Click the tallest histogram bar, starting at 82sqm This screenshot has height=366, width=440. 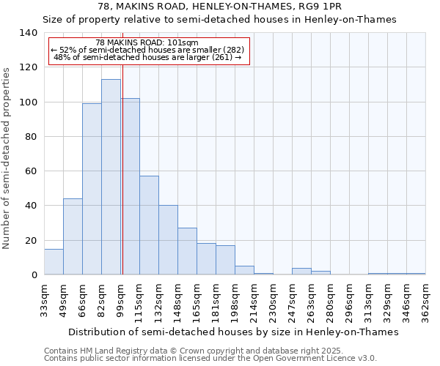(111, 177)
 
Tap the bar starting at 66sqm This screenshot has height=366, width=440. (92, 189)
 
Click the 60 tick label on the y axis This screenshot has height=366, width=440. (31, 171)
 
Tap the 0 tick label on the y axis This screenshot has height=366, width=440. (34, 275)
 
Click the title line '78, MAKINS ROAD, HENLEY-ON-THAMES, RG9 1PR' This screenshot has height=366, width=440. (219, 7)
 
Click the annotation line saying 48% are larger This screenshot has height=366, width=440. (148, 57)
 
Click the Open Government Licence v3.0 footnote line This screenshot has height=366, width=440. (210, 358)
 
